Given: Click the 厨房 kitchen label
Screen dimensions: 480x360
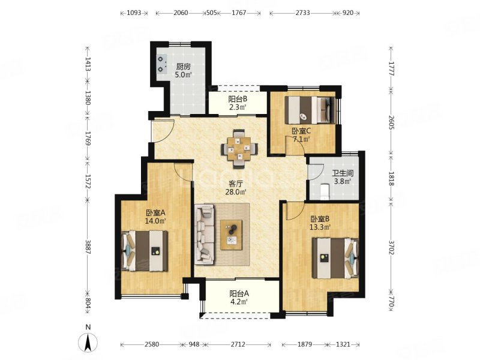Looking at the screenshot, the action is [184, 67].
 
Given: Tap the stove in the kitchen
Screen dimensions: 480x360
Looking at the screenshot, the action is [161, 64].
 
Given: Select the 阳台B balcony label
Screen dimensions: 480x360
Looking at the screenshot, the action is [238, 99].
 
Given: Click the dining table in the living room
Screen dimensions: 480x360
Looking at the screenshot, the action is [239, 149].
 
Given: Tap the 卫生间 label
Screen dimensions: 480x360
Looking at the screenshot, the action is [343, 173].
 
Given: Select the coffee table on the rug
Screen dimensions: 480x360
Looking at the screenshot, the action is [232, 235].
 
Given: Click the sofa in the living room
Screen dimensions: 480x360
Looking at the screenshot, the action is [205, 235].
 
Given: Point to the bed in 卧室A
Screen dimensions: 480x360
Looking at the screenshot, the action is [145, 251].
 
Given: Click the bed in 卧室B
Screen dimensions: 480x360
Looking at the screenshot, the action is [335, 259].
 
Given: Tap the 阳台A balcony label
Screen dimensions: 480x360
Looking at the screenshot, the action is [239, 294].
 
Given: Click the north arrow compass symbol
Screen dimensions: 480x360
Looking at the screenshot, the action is [88, 342].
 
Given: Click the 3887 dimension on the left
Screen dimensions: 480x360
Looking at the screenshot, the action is [88, 247].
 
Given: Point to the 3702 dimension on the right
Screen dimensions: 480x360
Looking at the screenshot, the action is [391, 248].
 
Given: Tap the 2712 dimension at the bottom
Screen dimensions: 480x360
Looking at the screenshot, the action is [238, 344].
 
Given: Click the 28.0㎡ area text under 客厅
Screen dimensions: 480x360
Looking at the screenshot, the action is [236, 192].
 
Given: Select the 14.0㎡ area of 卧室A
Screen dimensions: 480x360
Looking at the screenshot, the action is [155, 221].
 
